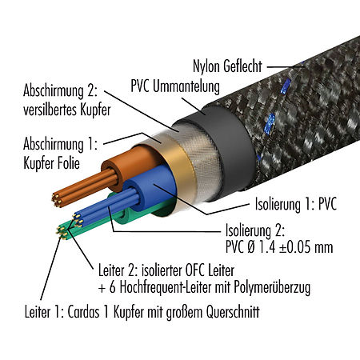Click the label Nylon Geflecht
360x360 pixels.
coord(227,66)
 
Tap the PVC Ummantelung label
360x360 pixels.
coord(175,86)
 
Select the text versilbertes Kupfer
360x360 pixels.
coord(66,110)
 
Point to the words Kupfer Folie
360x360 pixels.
coord(51,162)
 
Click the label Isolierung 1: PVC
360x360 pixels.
coord(296,204)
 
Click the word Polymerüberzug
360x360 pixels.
coord(272,287)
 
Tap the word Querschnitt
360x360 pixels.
coord(233,311)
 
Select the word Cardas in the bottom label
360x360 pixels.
coord(83,311)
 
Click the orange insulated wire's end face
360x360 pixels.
coord(112,174)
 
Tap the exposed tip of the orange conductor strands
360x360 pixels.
coord(57,201)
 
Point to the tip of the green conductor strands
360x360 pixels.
coord(62,233)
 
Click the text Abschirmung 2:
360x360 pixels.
coord(60,91)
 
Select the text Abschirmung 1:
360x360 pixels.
coord(60,144)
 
